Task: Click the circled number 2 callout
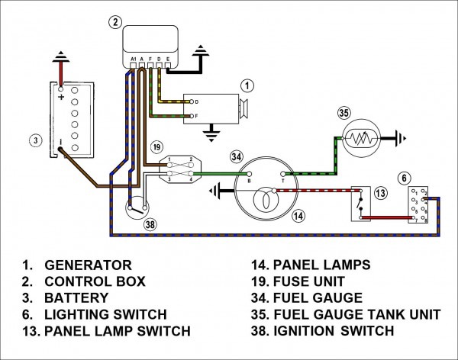(114, 22)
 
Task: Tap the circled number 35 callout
(344, 114)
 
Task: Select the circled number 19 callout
(156, 146)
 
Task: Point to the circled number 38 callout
(150, 225)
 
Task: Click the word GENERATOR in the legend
(88, 265)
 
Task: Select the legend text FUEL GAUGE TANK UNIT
(357, 314)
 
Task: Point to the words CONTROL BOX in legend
(97, 281)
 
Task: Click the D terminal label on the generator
(197, 101)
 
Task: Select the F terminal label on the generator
(197, 116)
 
